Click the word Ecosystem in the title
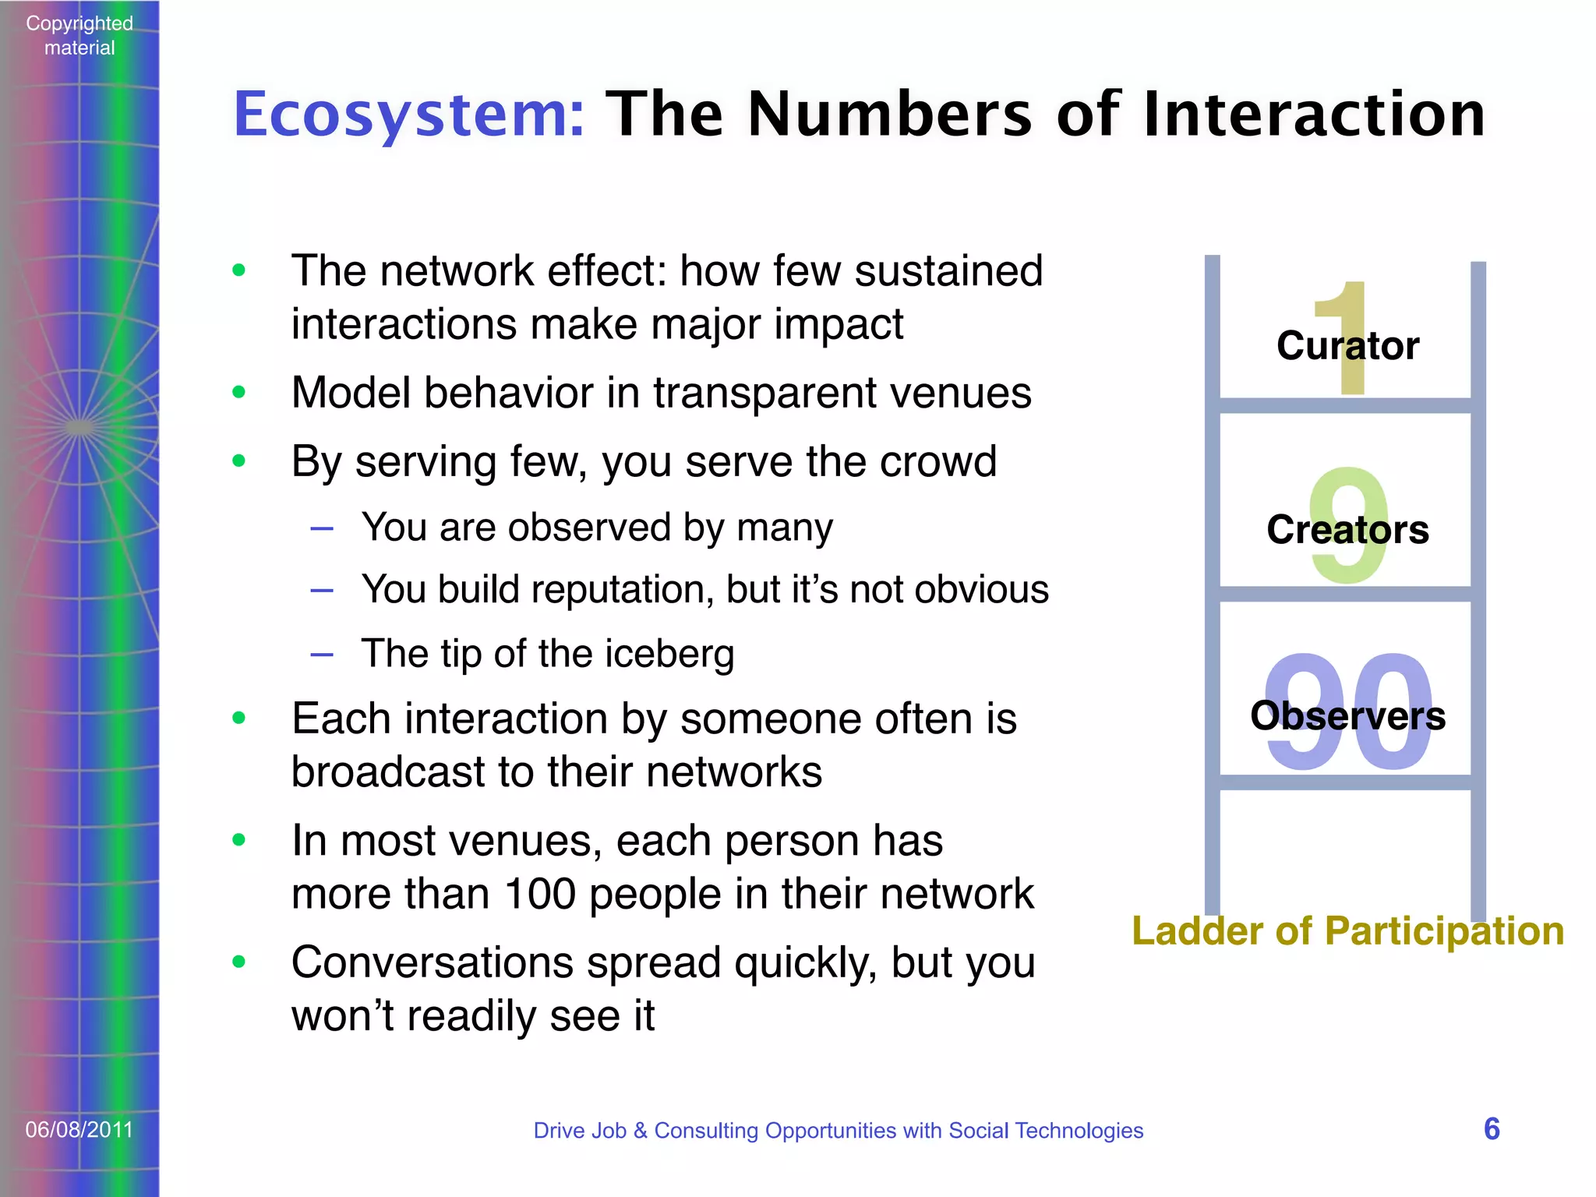coord(408,115)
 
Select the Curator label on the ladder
coord(1347,345)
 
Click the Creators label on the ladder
coord(1347,530)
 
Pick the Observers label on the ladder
coord(1347,715)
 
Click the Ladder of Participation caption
coord(1347,930)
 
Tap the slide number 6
coord(1492,1129)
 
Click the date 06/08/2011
coord(79,1130)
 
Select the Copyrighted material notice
coord(79,36)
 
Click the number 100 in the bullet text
coord(539,894)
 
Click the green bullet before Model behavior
coord(238,392)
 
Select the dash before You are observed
coord(322,529)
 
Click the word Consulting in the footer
coord(705,1131)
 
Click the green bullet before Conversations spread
coord(238,962)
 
